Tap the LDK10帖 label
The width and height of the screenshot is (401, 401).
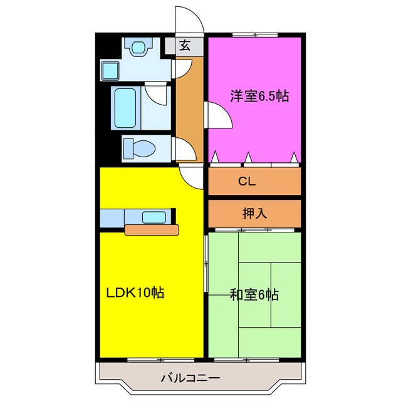(x=135, y=293)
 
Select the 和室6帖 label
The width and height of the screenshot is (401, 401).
(x=254, y=293)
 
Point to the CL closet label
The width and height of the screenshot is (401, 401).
(x=246, y=182)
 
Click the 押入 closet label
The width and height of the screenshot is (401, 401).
(x=254, y=212)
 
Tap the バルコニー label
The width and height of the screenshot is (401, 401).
(x=190, y=378)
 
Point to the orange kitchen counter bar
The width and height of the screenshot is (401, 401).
(x=152, y=229)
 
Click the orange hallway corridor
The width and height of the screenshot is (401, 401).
(x=190, y=107)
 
